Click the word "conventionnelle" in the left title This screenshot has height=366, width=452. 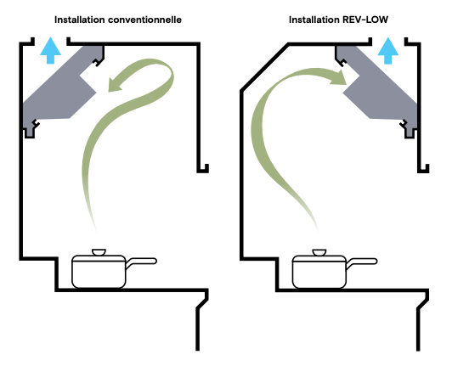click(144, 20)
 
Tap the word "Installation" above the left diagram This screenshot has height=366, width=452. click(80, 20)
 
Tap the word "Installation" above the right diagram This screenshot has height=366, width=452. click(314, 20)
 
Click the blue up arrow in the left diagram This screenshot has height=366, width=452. click(50, 50)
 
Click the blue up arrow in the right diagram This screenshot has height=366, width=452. click(388, 50)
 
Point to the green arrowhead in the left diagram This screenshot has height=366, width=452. click(116, 84)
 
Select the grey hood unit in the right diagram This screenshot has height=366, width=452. click(377, 89)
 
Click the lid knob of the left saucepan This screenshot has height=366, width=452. click(99, 252)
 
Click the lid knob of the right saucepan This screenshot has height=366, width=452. click(319, 252)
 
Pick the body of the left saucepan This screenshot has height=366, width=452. click(99, 273)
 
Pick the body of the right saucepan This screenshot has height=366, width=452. click(319, 273)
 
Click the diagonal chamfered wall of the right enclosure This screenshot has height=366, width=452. click(264, 68)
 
